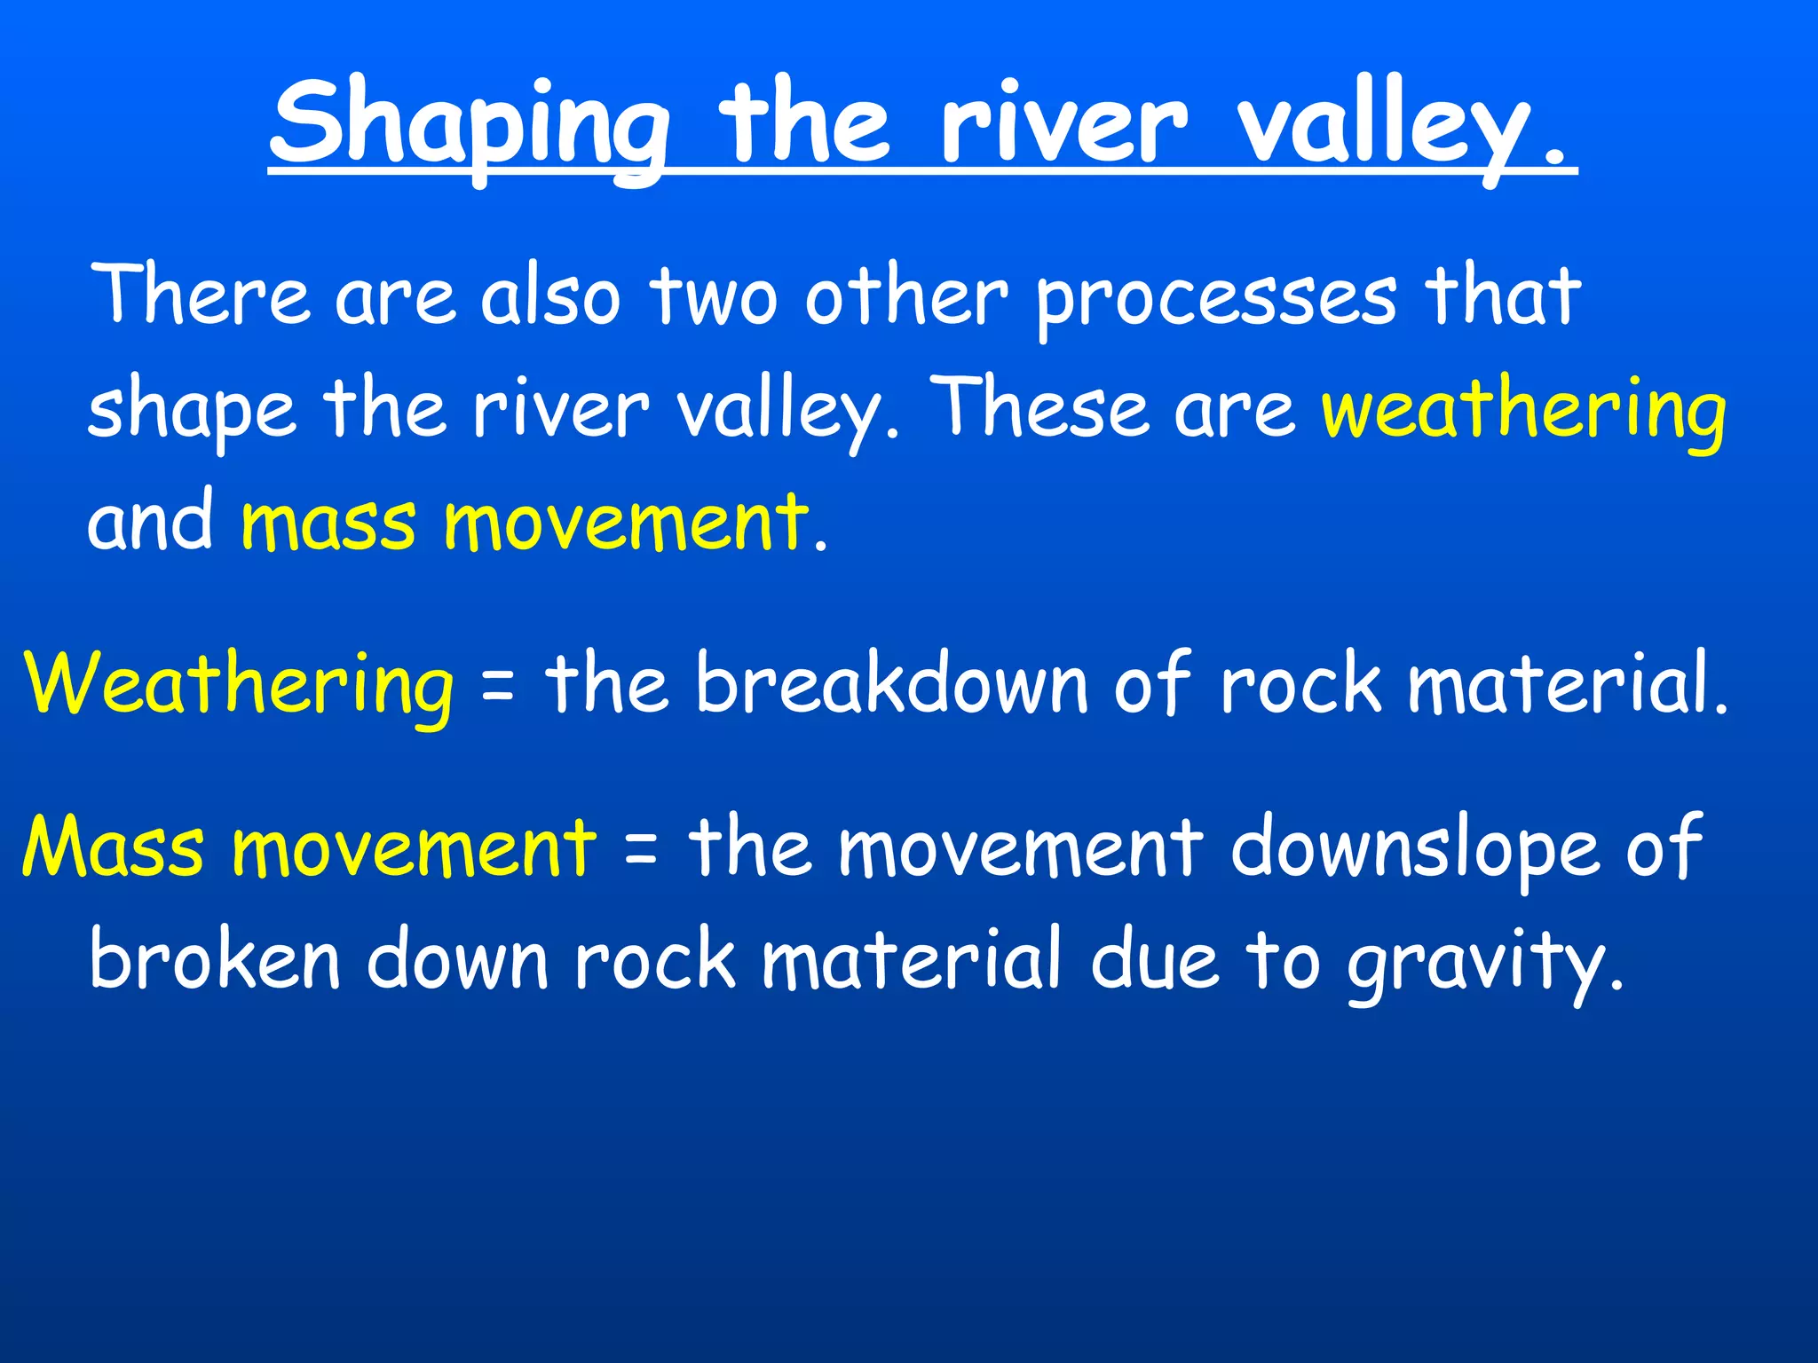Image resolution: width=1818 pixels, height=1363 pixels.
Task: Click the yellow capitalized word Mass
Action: (x=113, y=847)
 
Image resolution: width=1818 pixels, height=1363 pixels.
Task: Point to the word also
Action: (x=549, y=296)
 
